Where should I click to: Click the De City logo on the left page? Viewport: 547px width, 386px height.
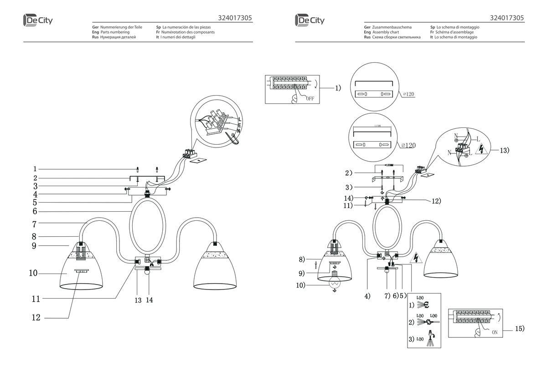(x=39, y=20)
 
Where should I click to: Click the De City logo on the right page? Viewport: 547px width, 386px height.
(x=310, y=20)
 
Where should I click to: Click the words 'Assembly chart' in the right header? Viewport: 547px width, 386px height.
(x=386, y=32)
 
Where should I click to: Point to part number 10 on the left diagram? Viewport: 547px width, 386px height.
(x=32, y=274)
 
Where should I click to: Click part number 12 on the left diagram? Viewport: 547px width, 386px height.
(x=36, y=318)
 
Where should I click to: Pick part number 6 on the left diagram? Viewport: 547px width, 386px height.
(x=35, y=212)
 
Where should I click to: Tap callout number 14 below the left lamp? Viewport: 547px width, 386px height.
(x=150, y=300)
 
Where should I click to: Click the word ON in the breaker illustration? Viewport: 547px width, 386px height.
(x=495, y=332)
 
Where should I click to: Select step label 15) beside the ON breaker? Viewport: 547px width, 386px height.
(x=520, y=328)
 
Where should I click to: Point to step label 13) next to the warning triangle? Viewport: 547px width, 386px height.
(x=503, y=150)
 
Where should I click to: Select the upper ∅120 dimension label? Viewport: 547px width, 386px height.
(x=408, y=95)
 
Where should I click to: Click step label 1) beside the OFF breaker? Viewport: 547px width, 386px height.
(x=338, y=88)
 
